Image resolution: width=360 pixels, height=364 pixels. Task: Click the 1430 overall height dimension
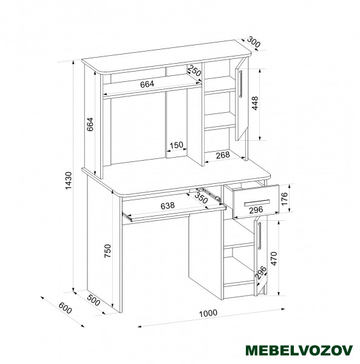(x=69, y=180)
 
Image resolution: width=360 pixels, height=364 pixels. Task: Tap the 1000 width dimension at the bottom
(x=208, y=313)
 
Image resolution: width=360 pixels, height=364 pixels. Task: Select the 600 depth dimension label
(x=66, y=308)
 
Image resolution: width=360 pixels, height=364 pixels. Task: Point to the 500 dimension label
(x=93, y=300)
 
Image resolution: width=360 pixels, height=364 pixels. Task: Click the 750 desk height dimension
(x=108, y=251)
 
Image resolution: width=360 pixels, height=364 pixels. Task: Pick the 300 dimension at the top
(x=253, y=42)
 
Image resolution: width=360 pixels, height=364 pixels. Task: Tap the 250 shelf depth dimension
(x=194, y=70)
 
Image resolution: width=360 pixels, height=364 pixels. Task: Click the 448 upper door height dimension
(x=255, y=103)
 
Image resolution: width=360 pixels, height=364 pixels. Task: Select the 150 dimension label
(x=176, y=146)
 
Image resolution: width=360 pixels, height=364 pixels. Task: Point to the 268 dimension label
(x=223, y=155)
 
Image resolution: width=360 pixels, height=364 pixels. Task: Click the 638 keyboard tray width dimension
(x=168, y=206)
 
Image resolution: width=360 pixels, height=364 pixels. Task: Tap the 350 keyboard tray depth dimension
(x=201, y=198)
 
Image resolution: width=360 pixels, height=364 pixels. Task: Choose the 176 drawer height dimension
(x=284, y=198)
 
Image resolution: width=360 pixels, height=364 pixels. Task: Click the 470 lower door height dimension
(x=274, y=258)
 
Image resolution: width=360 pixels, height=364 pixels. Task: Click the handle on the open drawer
(x=257, y=203)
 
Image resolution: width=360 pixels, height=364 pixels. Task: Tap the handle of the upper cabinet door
(x=241, y=84)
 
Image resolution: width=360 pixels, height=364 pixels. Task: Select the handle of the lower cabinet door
(x=259, y=235)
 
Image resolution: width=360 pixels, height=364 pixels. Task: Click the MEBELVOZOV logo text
(x=299, y=350)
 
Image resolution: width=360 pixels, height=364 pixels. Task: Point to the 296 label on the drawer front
(x=256, y=210)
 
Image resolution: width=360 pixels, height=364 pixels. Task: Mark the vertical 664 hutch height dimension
(x=90, y=124)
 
